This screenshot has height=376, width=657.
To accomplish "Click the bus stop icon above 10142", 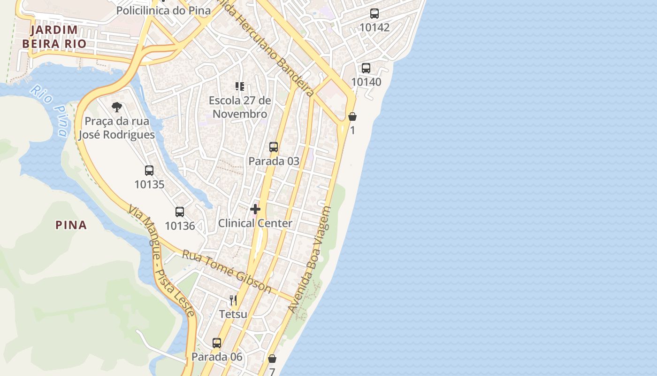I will pyautogui.click(x=374, y=14).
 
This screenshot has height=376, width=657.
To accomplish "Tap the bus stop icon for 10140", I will pyautogui.click(x=366, y=68).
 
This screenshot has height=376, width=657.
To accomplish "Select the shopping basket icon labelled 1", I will pyautogui.click(x=352, y=117).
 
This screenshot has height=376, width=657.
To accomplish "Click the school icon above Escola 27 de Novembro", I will pyautogui.click(x=240, y=86).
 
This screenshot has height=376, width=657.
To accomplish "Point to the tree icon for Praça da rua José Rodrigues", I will pyautogui.click(x=117, y=107).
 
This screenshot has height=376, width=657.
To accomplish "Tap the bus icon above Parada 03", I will pyautogui.click(x=274, y=147).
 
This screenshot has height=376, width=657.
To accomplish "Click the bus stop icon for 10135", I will pyautogui.click(x=149, y=171).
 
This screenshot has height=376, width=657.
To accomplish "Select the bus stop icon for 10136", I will pyautogui.click(x=179, y=212).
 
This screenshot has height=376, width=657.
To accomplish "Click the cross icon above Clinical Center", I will pyautogui.click(x=255, y=209).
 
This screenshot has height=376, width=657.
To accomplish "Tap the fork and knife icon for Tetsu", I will pyautogui.click(x=233, y=300).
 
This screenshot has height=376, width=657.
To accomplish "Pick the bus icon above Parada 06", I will pyautogui.click(x=216, y=343).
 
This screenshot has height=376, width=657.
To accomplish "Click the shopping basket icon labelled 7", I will pyautogui.click(x=272, y=359).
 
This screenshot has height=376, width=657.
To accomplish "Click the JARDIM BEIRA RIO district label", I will pyautogui.click(x=54, y=37).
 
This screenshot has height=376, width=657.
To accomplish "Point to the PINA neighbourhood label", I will pyautogui.click(x=71, y=225).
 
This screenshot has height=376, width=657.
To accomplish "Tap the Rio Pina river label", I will pyautogui.click(x=49, y=110).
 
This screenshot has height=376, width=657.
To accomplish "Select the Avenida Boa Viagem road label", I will pyautogui.click(x=310, y=260).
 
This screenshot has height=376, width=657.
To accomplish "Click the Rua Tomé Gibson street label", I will pyautogui.click(x=227, y=271).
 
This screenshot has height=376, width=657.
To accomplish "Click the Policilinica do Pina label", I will pyautogui.click(x=163, y=10).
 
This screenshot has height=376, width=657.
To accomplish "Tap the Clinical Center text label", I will pyautogui.click(x=255, y=223).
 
